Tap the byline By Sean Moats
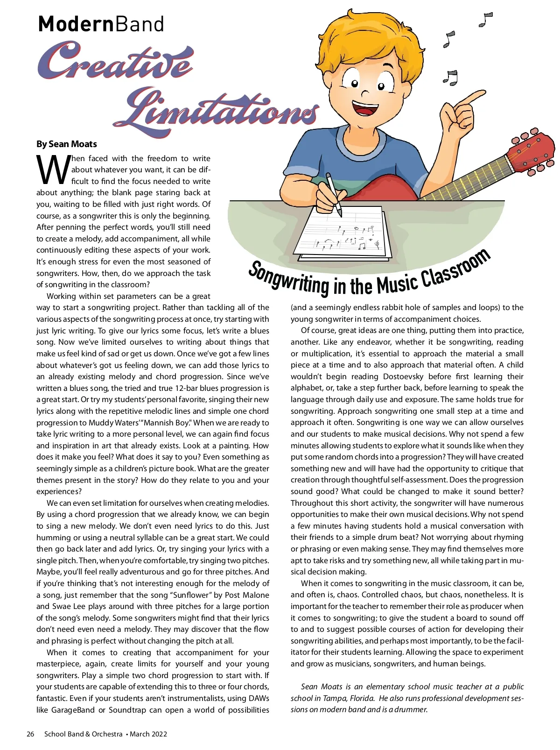pyautogui.click(x=67, y=144)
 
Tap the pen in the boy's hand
pyautogui.click(x=334, y=194)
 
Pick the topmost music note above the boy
pyautogui.click(x=486, y=20)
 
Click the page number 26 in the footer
pyautogui.click(x=30, y=734)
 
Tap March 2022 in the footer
pyautogui.click(x=148, y=734)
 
